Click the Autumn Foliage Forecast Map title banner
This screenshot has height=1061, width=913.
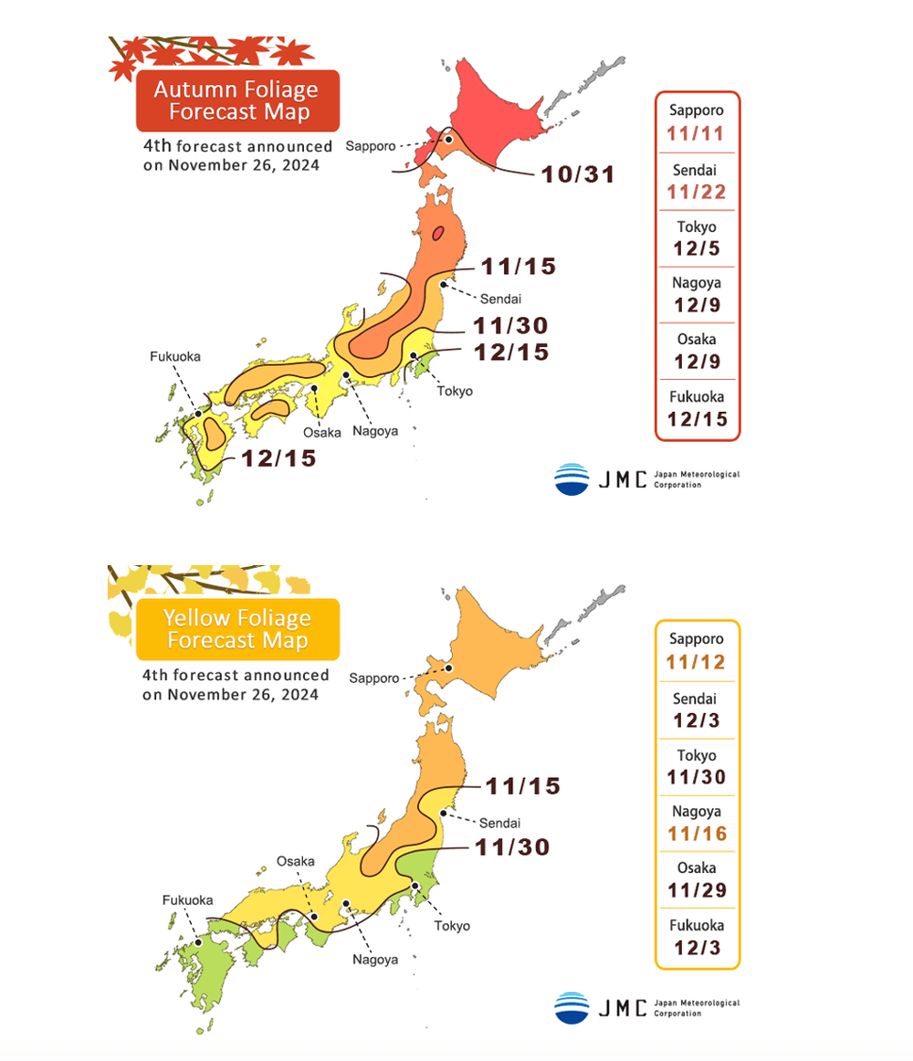[236, 100]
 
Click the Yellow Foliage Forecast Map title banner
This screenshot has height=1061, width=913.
[236, 629]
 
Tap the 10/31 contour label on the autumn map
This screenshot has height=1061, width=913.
[578, 173]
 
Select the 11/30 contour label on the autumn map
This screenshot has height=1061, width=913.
[510, 325]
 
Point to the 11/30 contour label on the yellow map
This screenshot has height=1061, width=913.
[512, 846]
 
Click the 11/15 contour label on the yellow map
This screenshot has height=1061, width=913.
[521, 785]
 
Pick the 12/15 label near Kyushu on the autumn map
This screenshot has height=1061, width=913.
[278, 458]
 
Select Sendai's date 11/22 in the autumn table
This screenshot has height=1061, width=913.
[697, 192]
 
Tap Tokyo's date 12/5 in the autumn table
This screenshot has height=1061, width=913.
[697, 248]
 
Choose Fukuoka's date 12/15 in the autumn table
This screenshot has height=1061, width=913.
[697, 418]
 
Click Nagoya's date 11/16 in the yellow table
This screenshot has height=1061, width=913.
[697, 833]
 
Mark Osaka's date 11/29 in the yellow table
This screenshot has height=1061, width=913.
[697, 889]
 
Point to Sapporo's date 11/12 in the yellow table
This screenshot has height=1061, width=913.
[697, 663]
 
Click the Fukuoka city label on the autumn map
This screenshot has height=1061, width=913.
[174, 356]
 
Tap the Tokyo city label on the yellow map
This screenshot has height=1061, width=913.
[452, 925]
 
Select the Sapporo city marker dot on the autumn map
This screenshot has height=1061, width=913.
[448, 141]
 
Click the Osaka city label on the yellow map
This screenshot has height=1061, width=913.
[296, 861]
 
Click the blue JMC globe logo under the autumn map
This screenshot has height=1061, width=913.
[572, 479]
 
